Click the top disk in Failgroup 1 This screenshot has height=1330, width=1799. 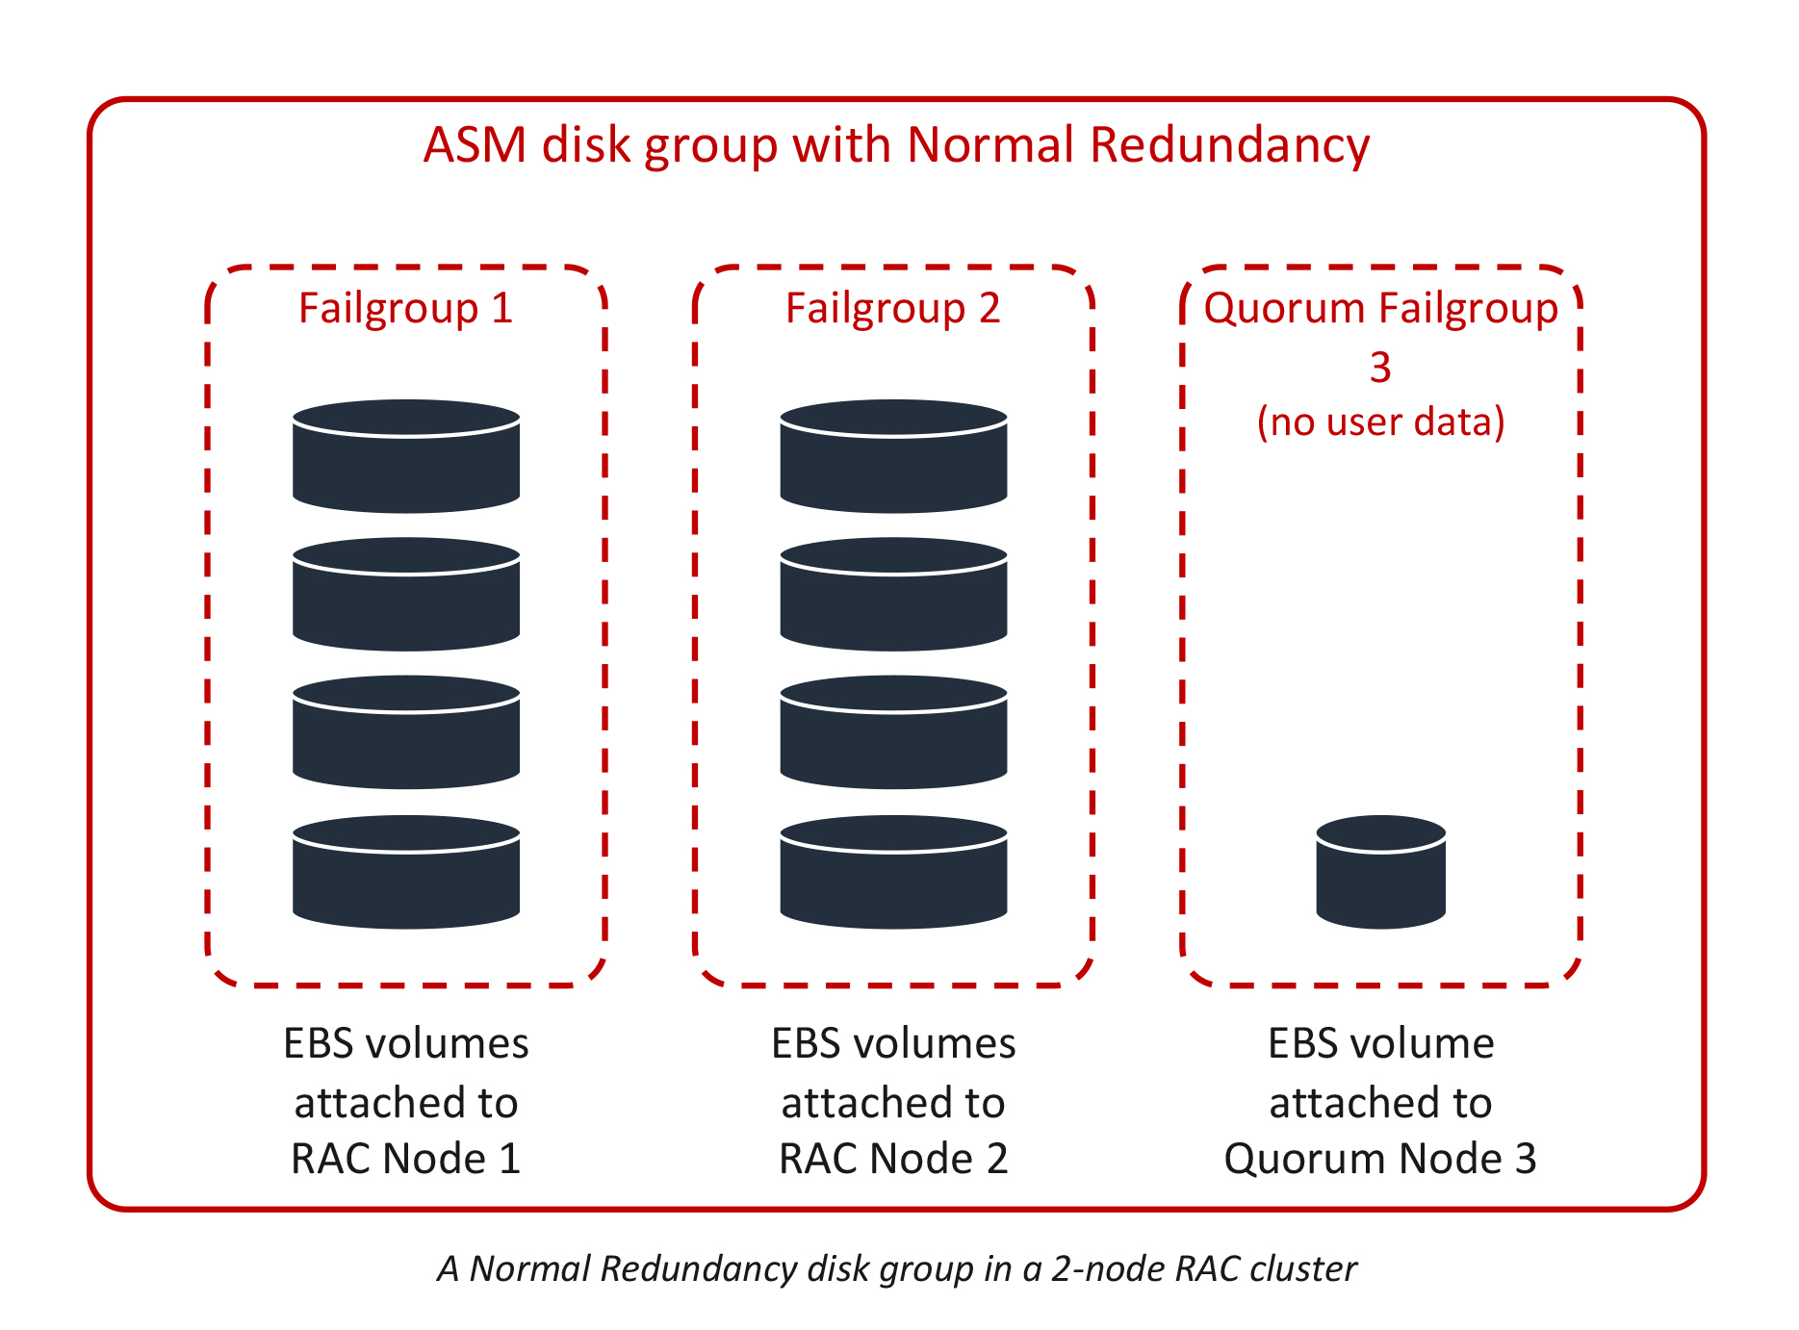point(406,457)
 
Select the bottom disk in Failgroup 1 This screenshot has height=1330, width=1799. point(406,873)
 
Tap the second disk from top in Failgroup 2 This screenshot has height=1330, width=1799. point(893,595)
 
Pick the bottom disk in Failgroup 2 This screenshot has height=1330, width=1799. point(893,873)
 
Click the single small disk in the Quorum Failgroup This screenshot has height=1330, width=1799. point(1380,873)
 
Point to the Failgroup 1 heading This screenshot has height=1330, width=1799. point(405,309)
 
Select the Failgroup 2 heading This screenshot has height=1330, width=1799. point(892,309)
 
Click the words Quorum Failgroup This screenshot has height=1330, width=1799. point(1380,309)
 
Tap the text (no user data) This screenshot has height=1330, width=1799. point(1380,422)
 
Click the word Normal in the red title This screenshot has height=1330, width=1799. point(989,145)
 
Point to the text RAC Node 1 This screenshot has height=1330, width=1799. point(405,1159)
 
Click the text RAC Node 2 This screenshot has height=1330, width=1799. point(892,1159)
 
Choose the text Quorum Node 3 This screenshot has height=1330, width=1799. point(1380,1159)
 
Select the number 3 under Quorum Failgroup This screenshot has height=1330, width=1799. point(1380,368)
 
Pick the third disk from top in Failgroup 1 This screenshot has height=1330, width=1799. point(406,733)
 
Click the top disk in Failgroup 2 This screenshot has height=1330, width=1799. point(893,457)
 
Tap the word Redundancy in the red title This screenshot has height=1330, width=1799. point(1229,145)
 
